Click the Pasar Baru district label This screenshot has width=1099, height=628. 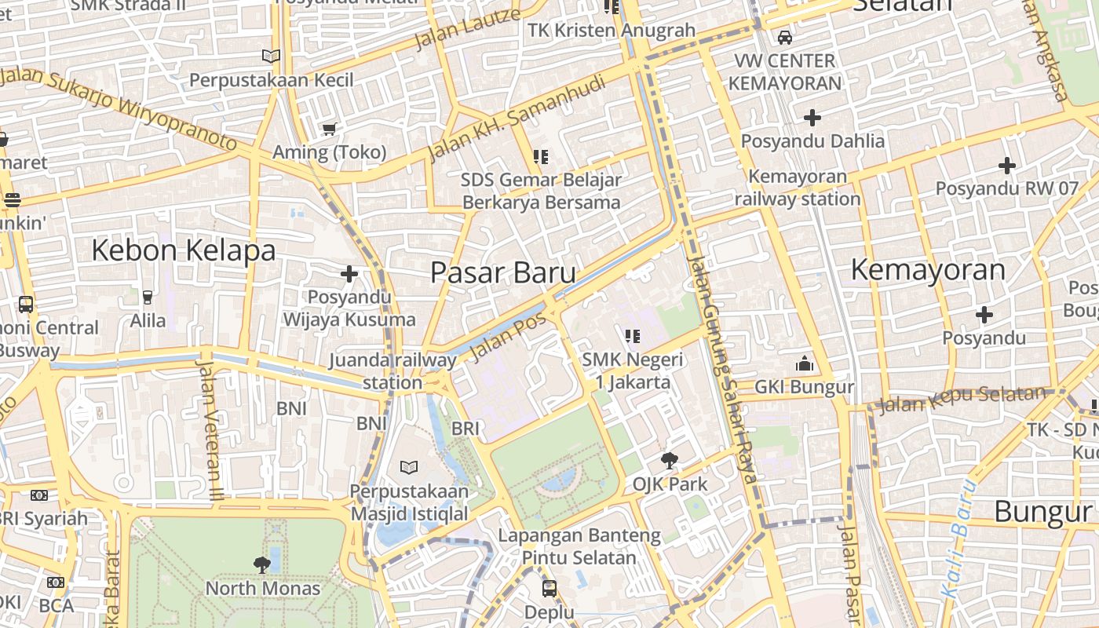pos(503,272)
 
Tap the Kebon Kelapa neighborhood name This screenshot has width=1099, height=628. pos(184,250)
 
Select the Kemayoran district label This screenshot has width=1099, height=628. pos(928,269)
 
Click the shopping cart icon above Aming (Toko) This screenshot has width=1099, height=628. pos(329,129)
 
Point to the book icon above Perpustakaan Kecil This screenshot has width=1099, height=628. pos(271,57)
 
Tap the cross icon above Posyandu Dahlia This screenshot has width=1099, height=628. pos(812,118)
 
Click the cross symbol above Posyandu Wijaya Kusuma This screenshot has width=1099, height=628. pos(349,274)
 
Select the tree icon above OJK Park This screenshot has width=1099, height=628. pos(670,460)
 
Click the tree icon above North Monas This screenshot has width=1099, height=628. pos(262,564)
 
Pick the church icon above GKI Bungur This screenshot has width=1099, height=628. pos(804,363)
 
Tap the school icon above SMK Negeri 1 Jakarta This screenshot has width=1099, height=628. pos(633,337)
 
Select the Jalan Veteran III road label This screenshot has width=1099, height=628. pos(210,428)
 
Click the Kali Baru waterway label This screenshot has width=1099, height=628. pos(959,538)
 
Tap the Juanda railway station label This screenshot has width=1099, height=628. pos(392,371)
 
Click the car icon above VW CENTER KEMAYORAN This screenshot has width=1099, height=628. pos(784,37)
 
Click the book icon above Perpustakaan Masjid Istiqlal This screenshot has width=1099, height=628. pos(408,468)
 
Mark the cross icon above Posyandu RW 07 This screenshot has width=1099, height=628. pos(1007,166)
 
